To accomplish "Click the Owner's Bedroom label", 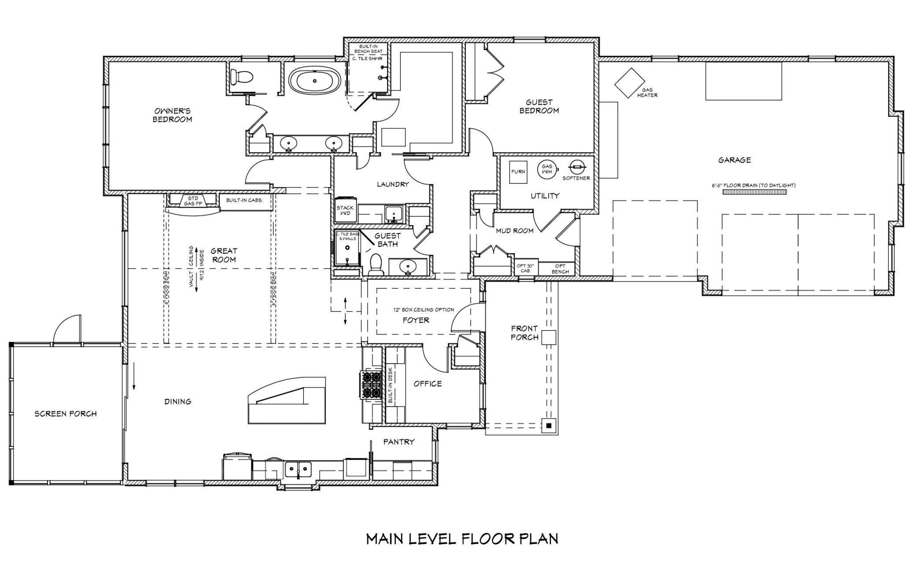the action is [172, 115].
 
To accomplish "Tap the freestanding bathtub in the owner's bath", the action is [314, 81].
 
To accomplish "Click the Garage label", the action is [735, 160].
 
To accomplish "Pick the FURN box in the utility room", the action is [518, 171].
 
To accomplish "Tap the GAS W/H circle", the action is [547, 169].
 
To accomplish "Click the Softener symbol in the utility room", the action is [576, 167].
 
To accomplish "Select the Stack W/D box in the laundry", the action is [345, 210].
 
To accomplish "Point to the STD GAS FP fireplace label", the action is [193, 201].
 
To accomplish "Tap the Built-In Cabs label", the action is [244, 200].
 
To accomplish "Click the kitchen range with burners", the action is [371, 385].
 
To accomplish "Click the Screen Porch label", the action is [66, 414].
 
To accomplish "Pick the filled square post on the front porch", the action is [549, 426].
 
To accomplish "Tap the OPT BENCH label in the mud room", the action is [560, 269].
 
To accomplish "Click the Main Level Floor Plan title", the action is [462, 539].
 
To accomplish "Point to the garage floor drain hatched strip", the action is [754, 192].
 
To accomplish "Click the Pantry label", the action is [399, 442].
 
